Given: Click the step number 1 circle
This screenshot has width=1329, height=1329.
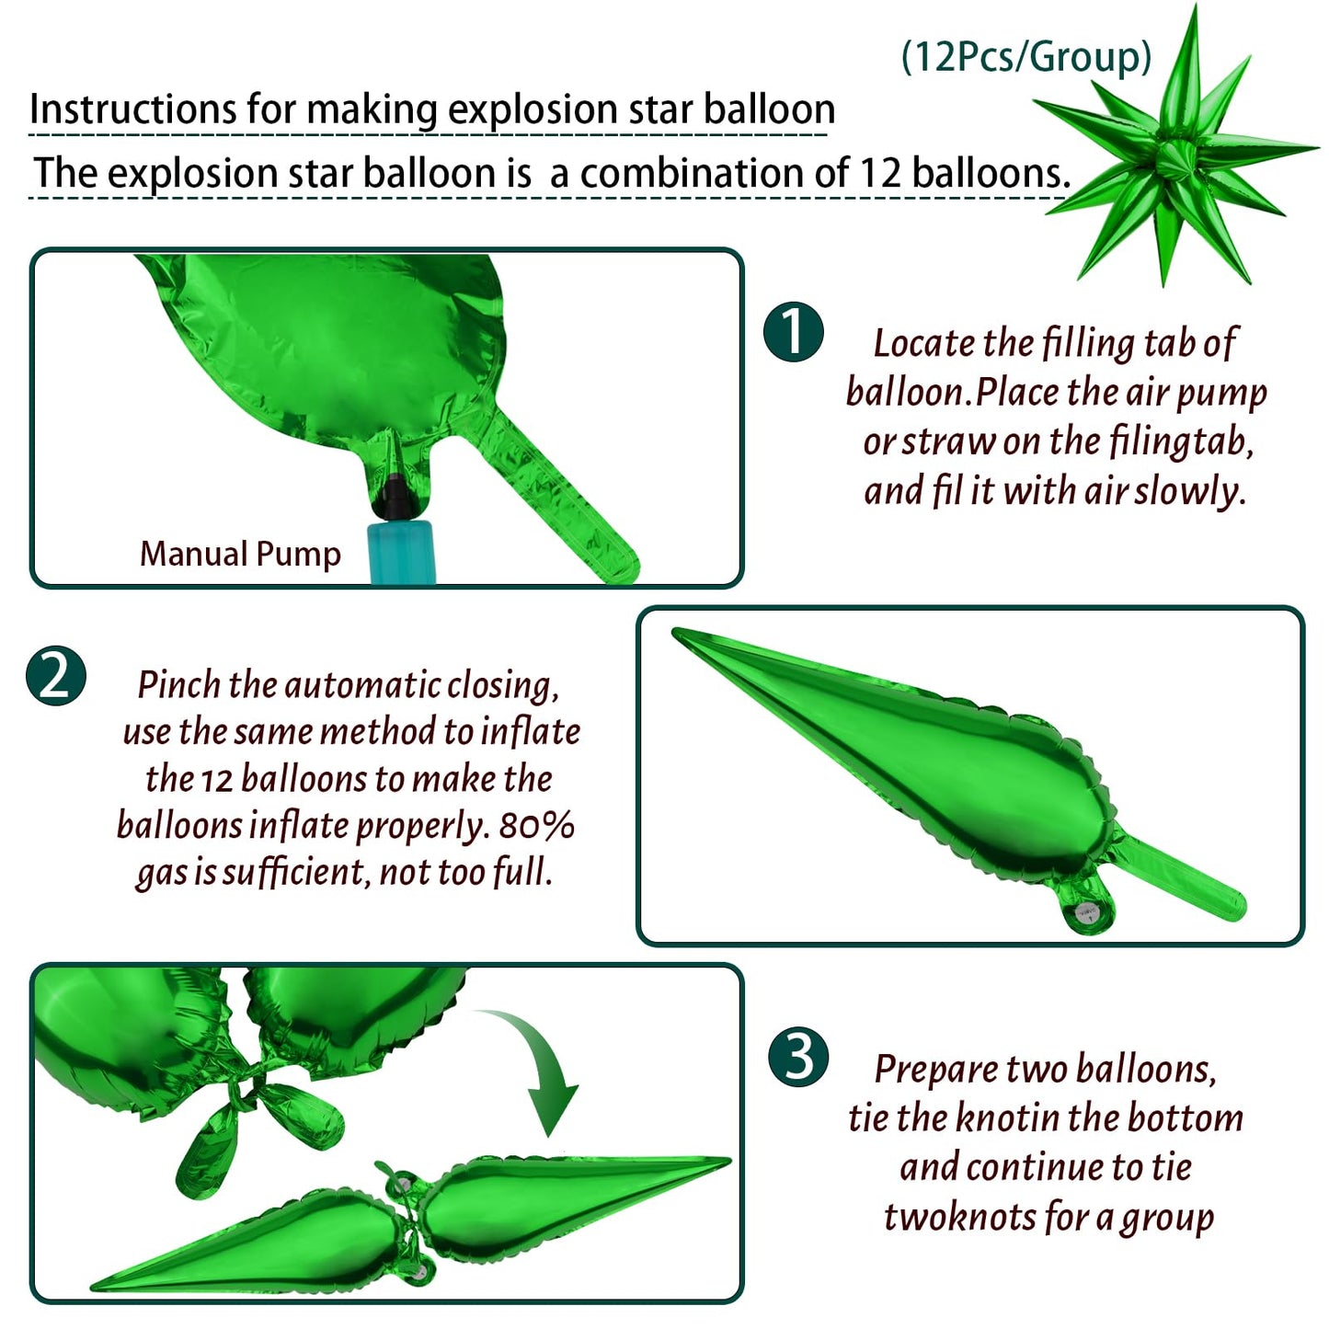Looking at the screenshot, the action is click(x=793, y=332).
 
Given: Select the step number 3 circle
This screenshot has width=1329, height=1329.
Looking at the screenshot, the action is click(x=798, y=1057).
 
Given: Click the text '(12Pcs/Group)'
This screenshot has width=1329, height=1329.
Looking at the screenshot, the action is click(x=1027, y=56).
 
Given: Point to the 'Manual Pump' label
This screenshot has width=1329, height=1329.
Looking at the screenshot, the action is click(x=240, y=554).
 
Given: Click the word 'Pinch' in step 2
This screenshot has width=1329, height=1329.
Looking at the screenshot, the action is click(x=179, y=685).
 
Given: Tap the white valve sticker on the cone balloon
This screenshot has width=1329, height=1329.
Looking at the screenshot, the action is click(x=1089, y=916).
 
